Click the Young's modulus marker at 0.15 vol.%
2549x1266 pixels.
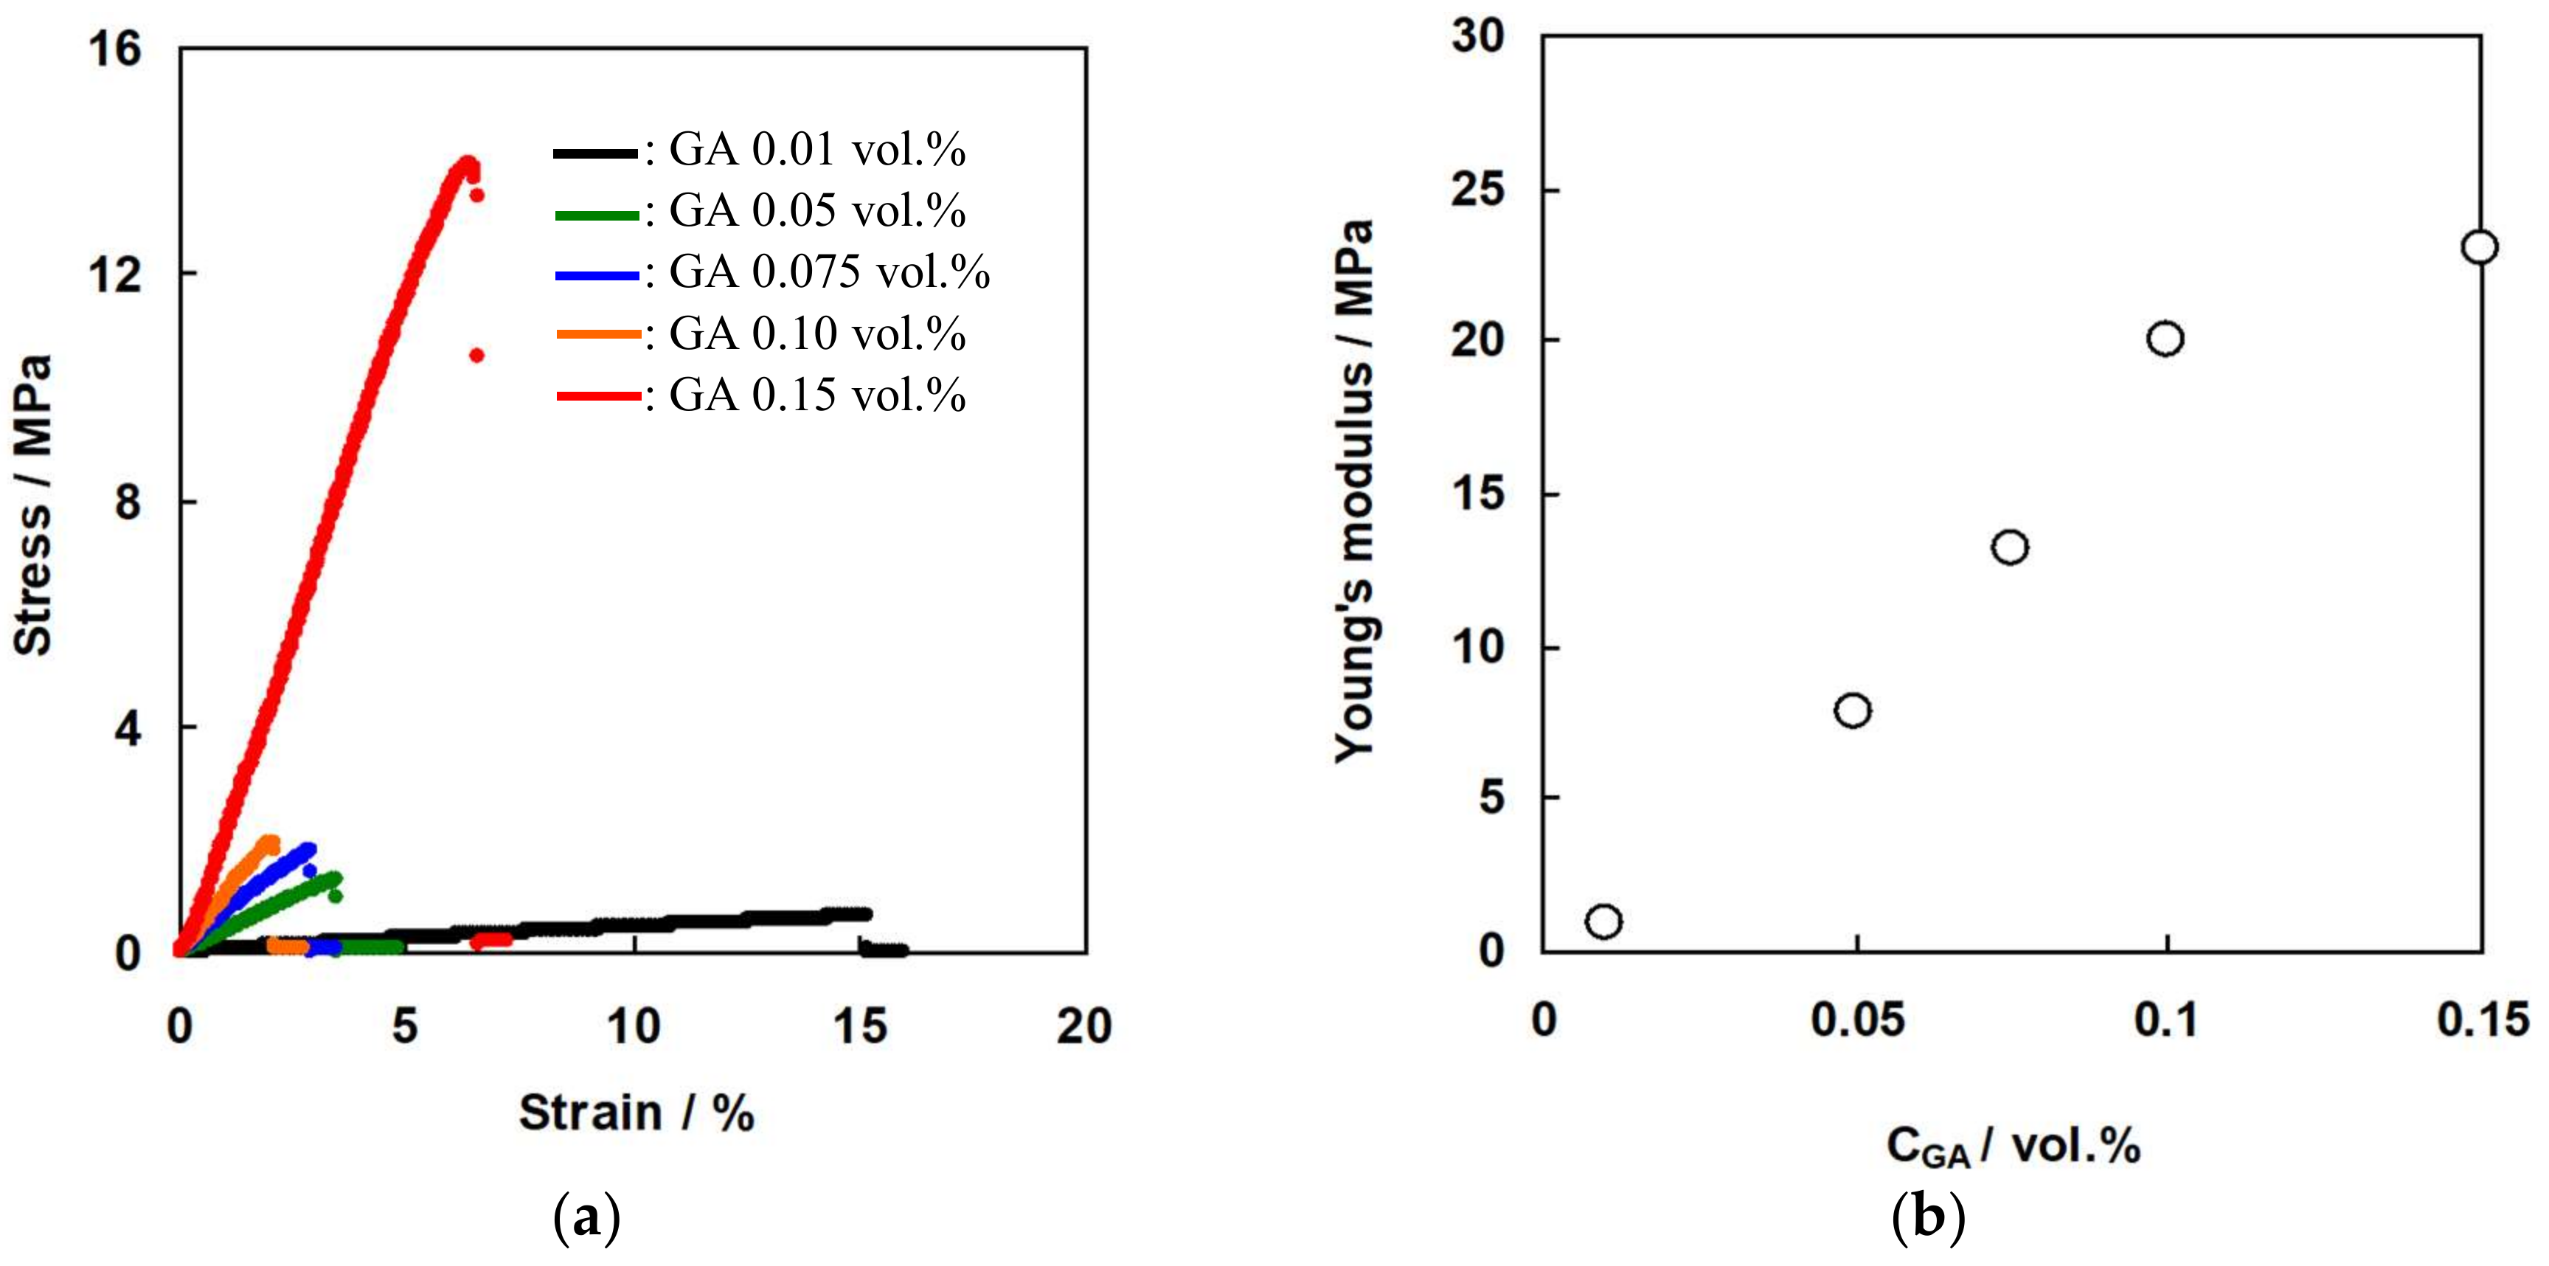(x=2479, y=246)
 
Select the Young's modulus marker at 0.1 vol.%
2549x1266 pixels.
(x=2165, y=339)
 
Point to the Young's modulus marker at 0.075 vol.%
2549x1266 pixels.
(x=2010, y=547)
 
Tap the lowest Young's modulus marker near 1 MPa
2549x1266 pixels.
(x=1603, y=921)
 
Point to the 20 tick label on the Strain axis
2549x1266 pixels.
(x=1083, y=1026)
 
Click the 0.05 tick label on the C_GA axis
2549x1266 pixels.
(x=1856, y=1020)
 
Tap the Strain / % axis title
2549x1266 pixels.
(x=637, y=1113)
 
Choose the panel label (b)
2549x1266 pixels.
(x=1927, y=1217)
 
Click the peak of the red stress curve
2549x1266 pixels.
(x=466, y=162)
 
